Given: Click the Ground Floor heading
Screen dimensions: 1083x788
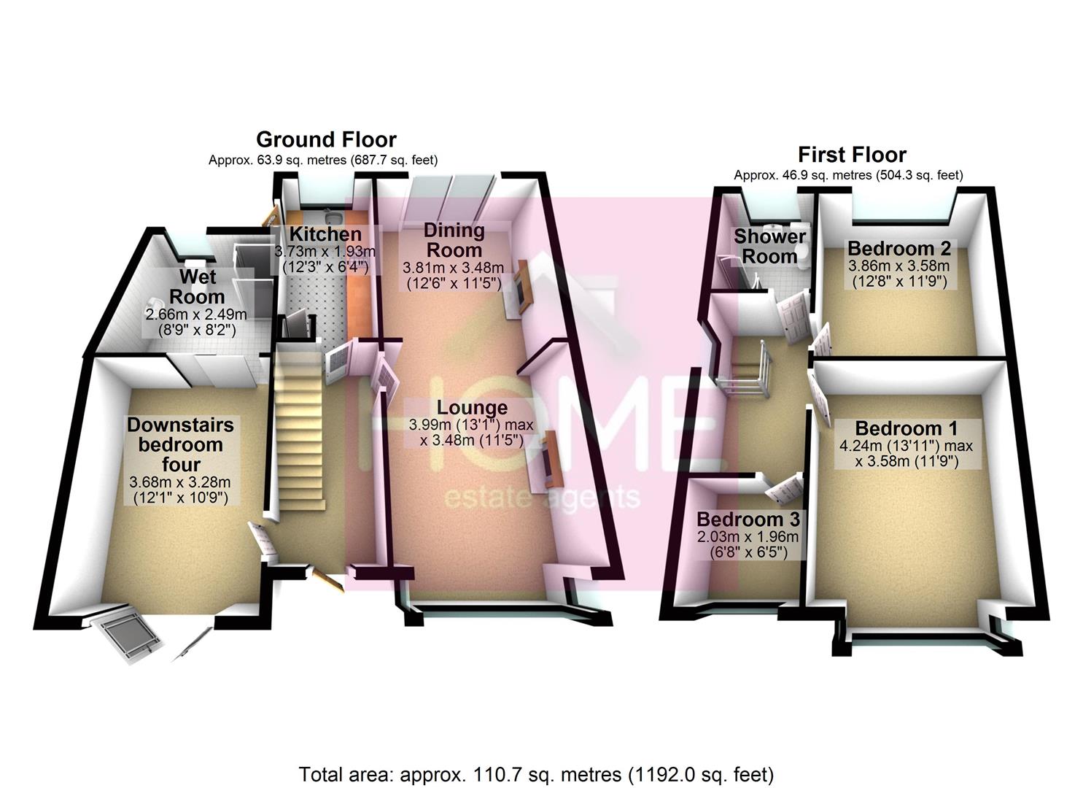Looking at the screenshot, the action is (326, 140).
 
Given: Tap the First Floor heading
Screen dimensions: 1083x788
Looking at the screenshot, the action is (852, 155).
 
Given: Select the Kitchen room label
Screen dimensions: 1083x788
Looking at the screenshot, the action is (325, 234).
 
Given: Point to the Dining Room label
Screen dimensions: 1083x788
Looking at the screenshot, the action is (454, 241).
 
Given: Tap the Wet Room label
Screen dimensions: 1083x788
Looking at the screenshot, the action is (197, 287).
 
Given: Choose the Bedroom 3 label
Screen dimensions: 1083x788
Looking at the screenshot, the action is (748, 519).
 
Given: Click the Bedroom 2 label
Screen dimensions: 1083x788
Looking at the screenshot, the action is (899, 249).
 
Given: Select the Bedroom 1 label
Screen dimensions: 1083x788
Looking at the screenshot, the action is (906, 428).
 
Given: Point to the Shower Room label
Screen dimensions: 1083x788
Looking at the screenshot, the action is (769, 246).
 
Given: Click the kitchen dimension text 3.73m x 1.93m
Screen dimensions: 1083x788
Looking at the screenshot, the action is (325, 252).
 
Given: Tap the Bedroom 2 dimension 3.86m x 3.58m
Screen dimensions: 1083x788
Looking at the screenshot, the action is (899, 266).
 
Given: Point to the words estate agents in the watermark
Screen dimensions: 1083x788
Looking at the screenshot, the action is (542, 498).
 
